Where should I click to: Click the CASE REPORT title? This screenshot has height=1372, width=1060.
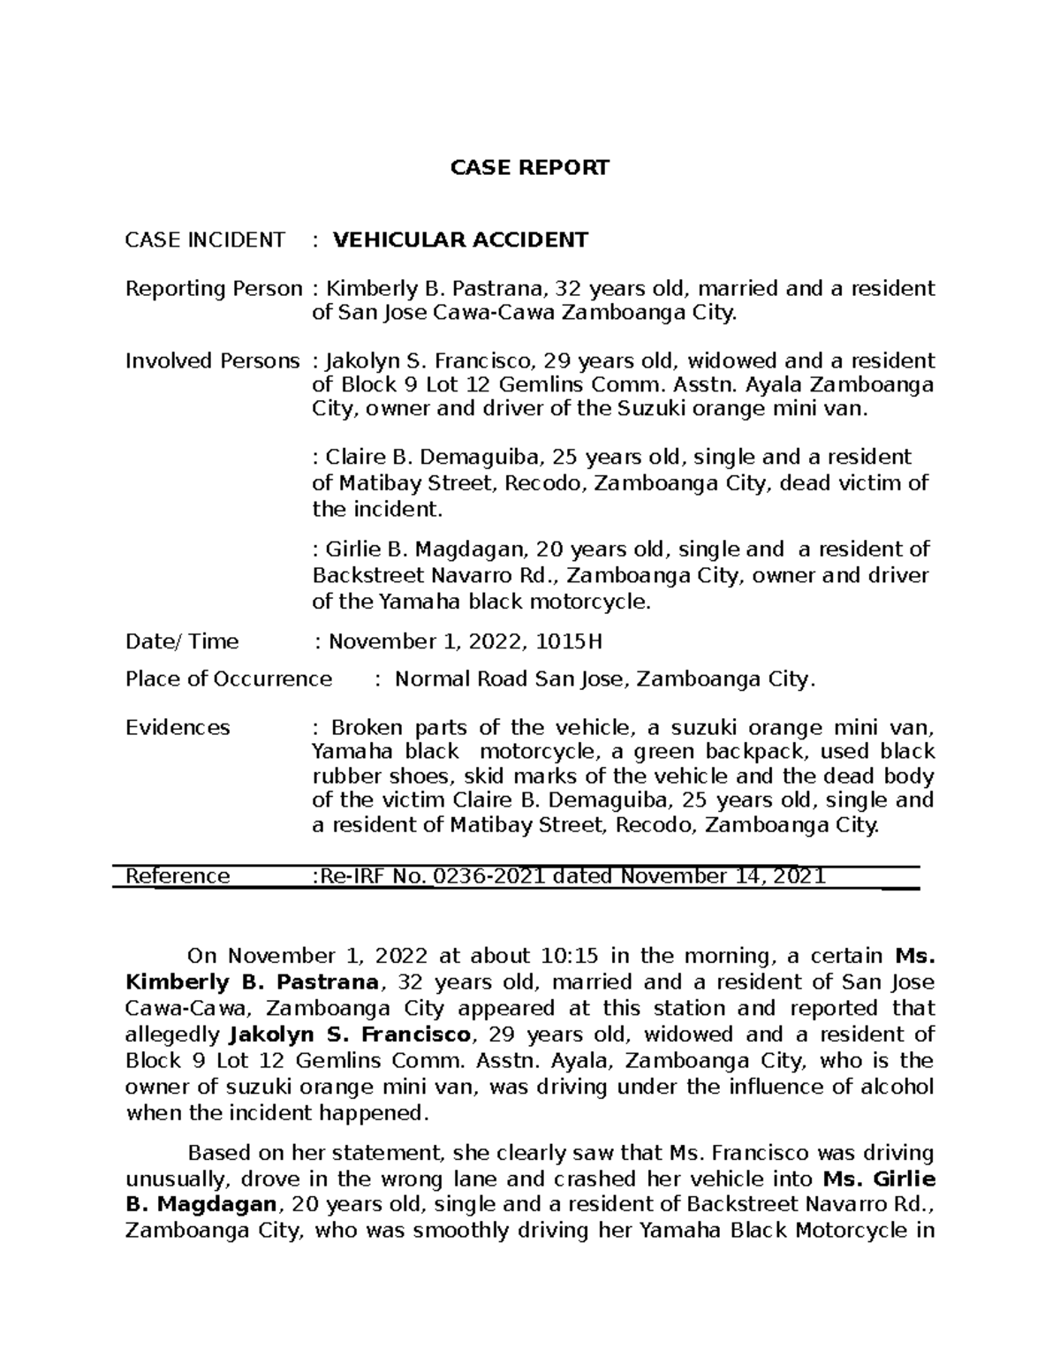pos(530,168)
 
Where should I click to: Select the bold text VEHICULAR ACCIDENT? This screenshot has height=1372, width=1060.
pos(459,239)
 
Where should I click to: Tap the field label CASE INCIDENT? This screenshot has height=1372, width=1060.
pos(205,239)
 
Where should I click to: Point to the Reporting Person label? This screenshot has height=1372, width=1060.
pos(214,289)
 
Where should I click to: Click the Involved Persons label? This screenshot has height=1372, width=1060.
pos(213,360)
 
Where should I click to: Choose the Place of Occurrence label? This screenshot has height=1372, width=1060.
pos(229,678)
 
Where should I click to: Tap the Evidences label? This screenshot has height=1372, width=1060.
pos(178,727)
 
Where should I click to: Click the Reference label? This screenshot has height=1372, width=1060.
pos(178,876)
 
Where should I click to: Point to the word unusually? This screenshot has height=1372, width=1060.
pos(175,1179)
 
